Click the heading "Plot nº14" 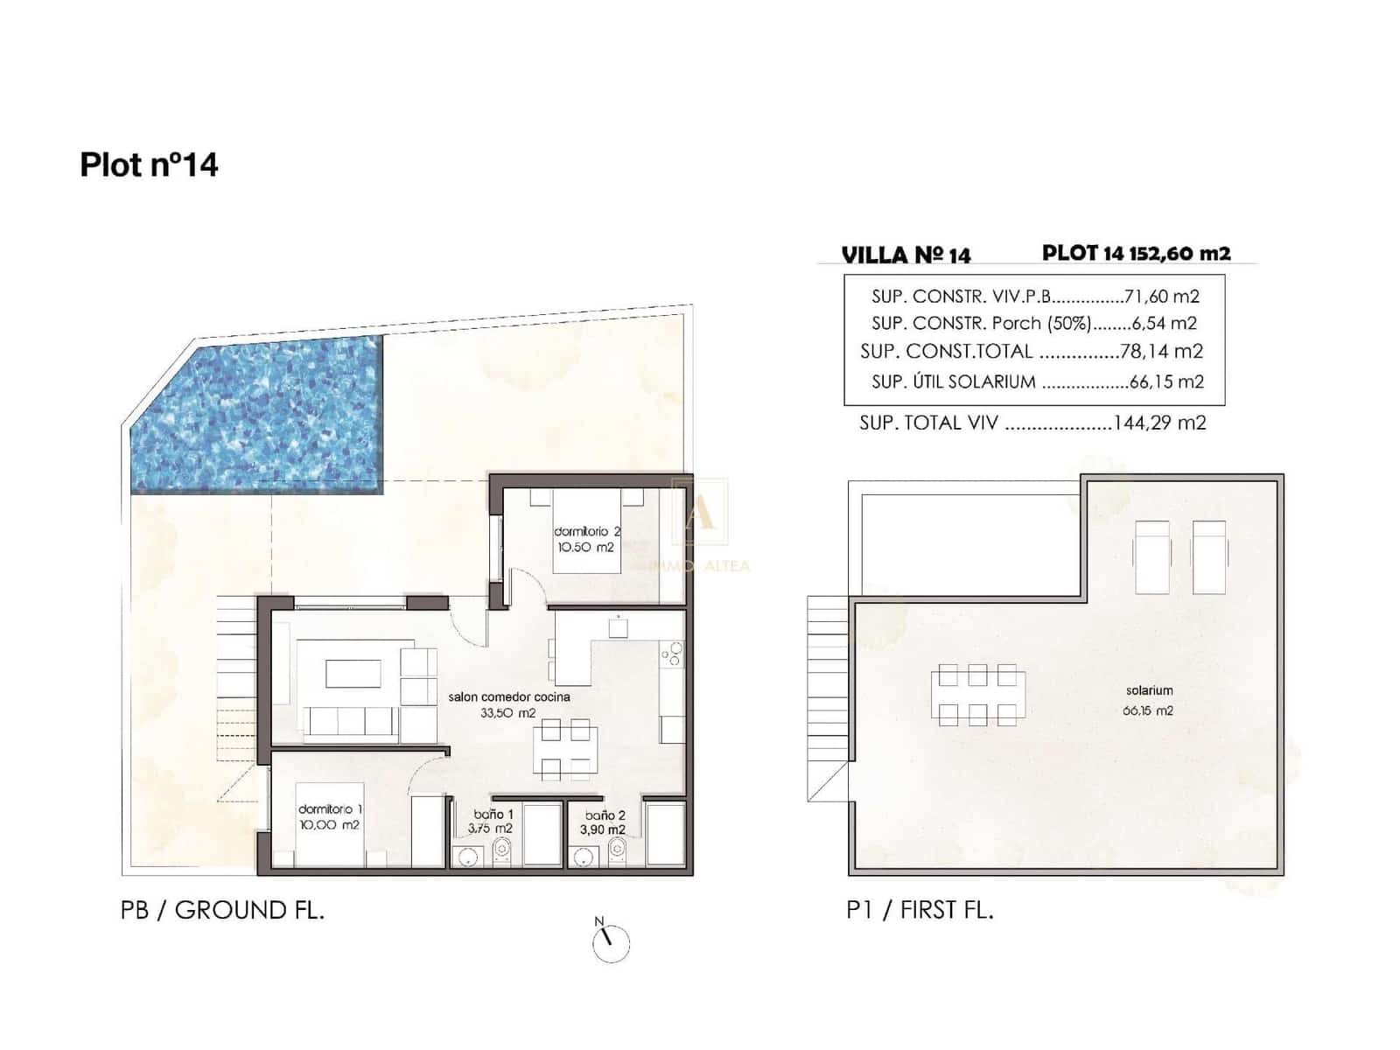tap(149, 164)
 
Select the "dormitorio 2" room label tap(586, 531)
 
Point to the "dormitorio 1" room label tap(330, 809)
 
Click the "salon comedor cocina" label tap(508, 696)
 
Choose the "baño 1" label tap(493, 814)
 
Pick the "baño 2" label tap(605, 815)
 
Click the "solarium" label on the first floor tap(1149, 690)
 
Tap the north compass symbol tap(610, 941)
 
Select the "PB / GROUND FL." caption tap(222, 910)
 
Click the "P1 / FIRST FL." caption tap(920, 910)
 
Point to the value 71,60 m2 tap(1161, 297)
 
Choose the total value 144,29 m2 tap(1159, 423)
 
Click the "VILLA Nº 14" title tap(906, 255)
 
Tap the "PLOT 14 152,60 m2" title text tap(1136, 253)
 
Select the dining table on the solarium tap(977, 695)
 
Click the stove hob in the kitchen tap(671, 654)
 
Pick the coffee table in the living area tap(353, 673)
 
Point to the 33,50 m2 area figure tap(507, 713)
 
